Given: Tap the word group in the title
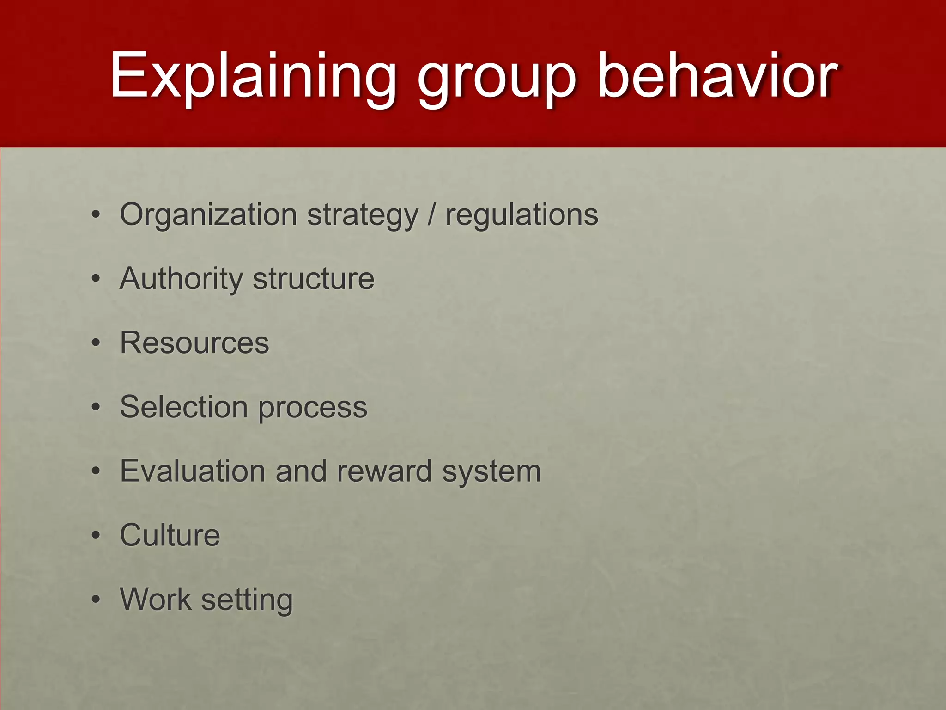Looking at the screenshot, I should point(497,79).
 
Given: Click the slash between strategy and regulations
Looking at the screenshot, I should point(431,214).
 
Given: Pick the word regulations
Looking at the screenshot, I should point(522,215).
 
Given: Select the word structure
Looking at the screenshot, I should point(314,279).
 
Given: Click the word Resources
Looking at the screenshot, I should point(194,343).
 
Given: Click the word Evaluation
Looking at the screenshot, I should point(193,471).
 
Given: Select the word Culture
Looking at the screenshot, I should point(170,535).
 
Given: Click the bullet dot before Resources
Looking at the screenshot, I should point(96,343).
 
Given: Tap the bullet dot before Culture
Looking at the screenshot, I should point(96,536).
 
